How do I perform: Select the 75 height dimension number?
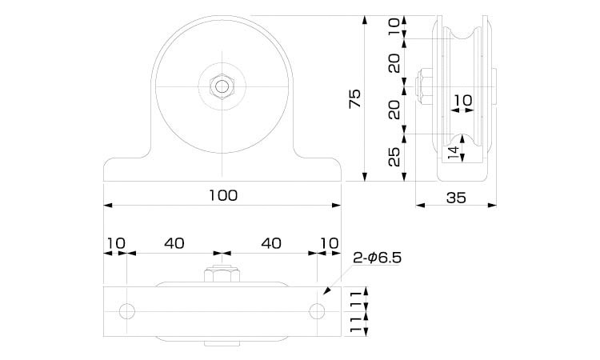point(355,98)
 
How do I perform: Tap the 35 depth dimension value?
point(456,198)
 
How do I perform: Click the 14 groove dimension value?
point(454,152)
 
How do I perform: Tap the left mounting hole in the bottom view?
point(127,310)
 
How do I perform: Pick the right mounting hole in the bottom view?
point(318,310)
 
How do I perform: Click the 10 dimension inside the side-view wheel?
point(462,100)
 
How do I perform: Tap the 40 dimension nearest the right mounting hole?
point(272,242)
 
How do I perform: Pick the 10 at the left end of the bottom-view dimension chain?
point(115,242)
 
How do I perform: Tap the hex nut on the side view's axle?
point(424,84)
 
